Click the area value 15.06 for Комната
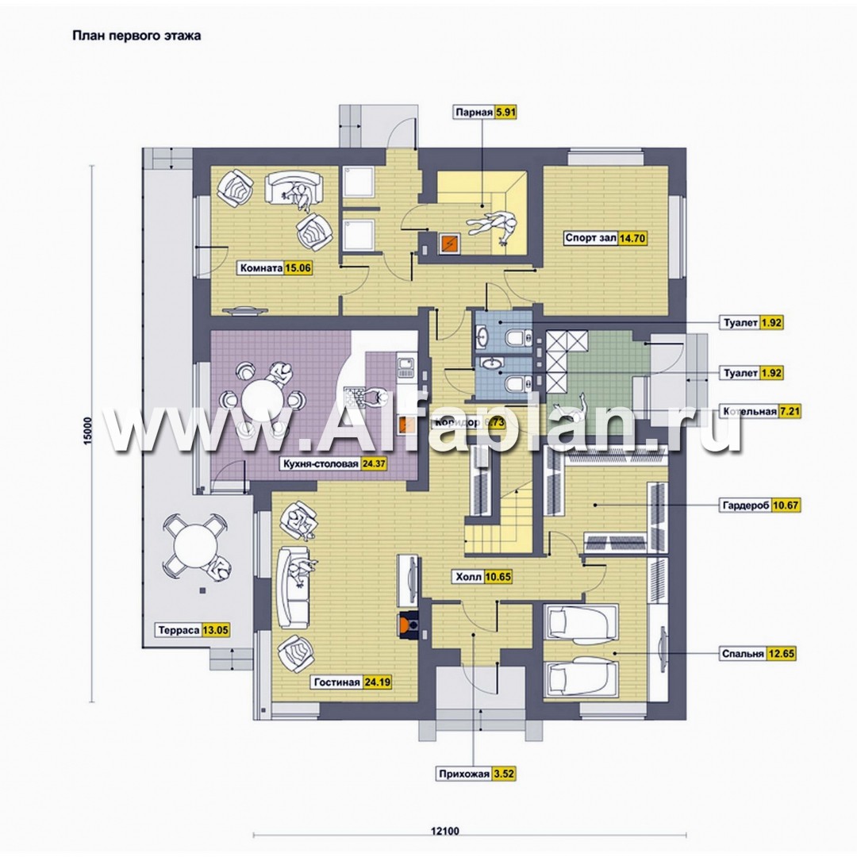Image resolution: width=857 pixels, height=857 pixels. [298, 268]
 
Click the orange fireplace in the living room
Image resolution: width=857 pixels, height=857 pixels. [409, 624]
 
